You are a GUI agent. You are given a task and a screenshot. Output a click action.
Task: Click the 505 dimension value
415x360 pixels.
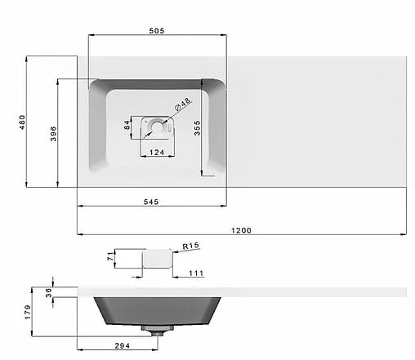[157, 31]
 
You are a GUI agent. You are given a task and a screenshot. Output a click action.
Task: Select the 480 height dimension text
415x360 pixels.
[22, 122]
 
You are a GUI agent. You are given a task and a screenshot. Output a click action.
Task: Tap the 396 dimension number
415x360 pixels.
[53, 134]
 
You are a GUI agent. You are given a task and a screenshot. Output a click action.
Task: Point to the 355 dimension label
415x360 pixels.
[197, 128]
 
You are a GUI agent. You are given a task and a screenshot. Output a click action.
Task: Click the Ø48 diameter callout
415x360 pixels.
[182, 104]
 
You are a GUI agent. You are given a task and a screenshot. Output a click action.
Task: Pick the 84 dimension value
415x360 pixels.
[127, 125]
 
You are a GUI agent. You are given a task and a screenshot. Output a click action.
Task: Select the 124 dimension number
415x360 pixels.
[157, 153]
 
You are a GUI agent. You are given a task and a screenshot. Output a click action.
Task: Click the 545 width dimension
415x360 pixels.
[151, 202]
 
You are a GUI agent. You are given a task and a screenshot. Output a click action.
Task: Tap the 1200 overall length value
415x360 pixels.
[241, 230]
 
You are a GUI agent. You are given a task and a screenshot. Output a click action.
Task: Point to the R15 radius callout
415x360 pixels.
[191, 246]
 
